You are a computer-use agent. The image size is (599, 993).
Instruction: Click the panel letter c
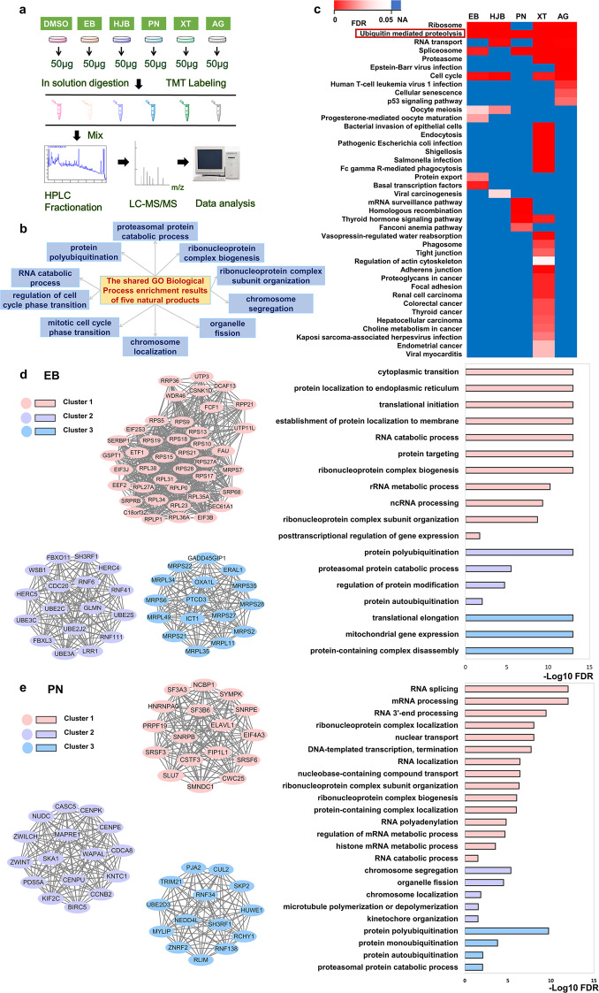[316, 9]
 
